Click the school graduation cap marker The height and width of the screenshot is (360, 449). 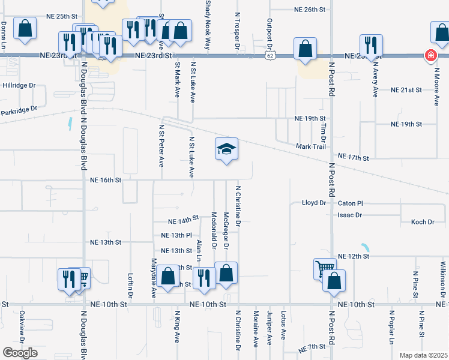click(x=227, y=149)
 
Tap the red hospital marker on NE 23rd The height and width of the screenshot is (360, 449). click(x=430, y=56)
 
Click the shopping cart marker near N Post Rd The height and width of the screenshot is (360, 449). click(x=324, y=269)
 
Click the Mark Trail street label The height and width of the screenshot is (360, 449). click(x=310, y=147)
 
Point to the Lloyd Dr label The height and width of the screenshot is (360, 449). click(x=313, y=203)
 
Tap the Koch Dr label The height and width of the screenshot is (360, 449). click(x=423, y=222)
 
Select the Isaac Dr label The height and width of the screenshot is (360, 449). click(x=350, y=215)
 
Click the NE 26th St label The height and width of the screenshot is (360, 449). click(x=310, y=10)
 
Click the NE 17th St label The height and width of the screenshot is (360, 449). click(x=353, y=157)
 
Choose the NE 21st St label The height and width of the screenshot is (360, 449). click(x=406, y=89)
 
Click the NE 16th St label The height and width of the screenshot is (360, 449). click(x=106, y=179)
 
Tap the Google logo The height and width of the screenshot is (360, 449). click(x=20, y=353)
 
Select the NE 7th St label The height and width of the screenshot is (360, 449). click(x=312, y=347)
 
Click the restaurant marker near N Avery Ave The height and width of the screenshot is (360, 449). click(x=370, y=45)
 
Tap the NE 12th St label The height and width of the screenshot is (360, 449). click(x=353, y=256)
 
